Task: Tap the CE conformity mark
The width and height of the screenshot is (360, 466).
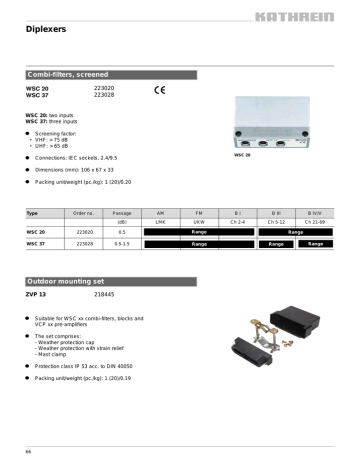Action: point(159,91)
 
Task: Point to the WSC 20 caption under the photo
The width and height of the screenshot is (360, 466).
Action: point(242,156)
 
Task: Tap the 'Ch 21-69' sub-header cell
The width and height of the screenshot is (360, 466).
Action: point(314,221)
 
